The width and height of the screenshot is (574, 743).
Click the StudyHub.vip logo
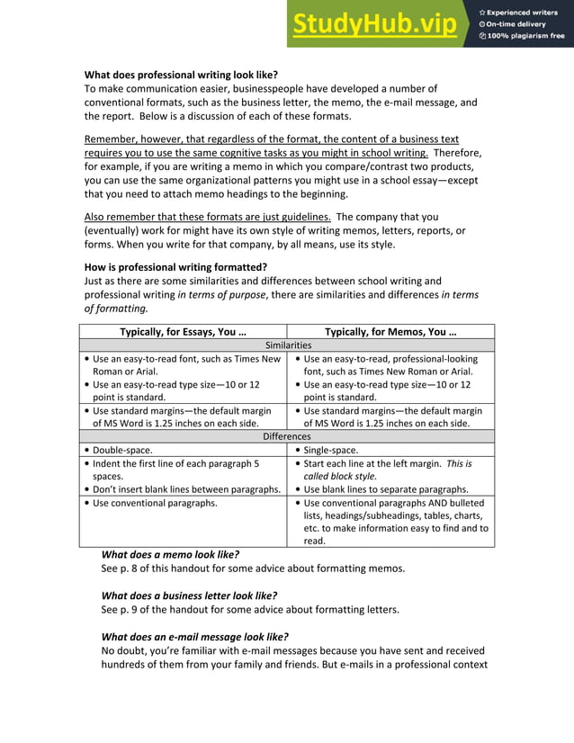tap(373, 24)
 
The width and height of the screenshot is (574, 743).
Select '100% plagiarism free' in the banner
tap(525, 36)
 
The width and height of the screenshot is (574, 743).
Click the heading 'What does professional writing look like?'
tap(181, 75)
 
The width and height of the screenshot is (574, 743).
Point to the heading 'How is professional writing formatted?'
tap(175, 267)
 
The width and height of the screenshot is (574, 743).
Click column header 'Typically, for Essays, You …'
tap(183, 331)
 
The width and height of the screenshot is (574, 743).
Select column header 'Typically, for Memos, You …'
tap(390, 331)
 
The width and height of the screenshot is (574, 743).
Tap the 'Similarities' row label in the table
tap(287, 345)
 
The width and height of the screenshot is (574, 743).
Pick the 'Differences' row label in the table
tap(287, 436)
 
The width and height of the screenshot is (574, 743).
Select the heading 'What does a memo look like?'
tap(170, 555)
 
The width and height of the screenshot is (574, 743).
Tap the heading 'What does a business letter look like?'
tap(189, 595)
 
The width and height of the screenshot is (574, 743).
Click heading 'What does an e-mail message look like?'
tap(194, 637)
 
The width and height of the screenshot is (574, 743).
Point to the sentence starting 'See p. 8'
tap(252, 568)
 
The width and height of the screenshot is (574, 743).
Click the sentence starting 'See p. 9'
tap(249, 609)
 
